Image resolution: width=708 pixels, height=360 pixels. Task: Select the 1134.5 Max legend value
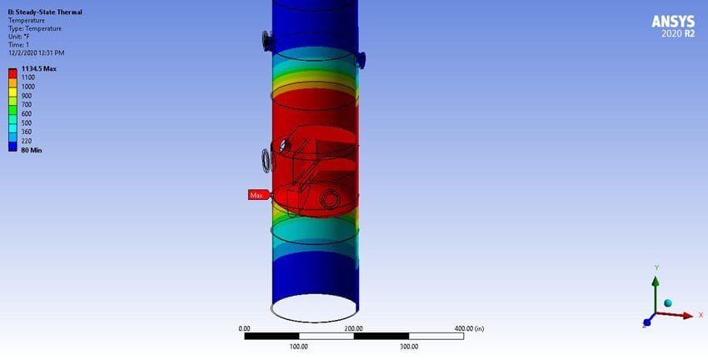(x=39, y=68)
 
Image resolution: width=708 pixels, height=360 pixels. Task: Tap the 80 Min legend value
(x=32, y=150)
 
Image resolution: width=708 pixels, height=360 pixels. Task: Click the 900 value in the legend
(x=27, y=96)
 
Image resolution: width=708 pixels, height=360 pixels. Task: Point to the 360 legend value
(x=27, y=132)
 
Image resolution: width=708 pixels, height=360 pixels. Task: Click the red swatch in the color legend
(x=12, y=73)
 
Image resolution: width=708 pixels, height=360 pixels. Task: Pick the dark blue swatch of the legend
(x=12, y=147)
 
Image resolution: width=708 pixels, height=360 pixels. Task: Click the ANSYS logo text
(x=673, y=21)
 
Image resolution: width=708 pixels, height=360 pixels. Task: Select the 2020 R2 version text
(x=678, y=34)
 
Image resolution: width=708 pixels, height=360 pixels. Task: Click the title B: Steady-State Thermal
(x=45, y=12)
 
